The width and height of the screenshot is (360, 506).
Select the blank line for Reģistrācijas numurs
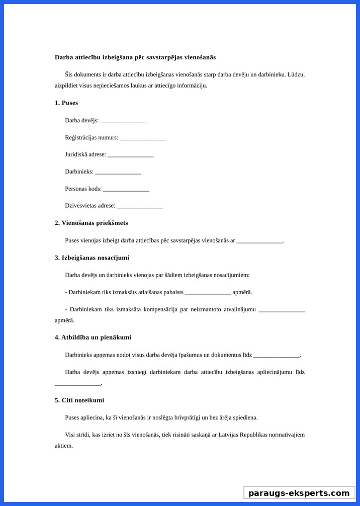pyautogui.click(x=143, y=138)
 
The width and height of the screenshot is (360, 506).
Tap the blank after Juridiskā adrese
pyautogui.click(x=130, y=155)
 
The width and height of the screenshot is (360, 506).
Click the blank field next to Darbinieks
pyautogui.click(x=118, y=173)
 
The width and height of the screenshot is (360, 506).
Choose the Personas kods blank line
pyautogui.click(x=126, y=190)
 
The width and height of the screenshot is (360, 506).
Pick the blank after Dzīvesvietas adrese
pyautogui.click(x=140, y=206)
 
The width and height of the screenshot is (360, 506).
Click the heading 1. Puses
pyautogui.click(x=66, y=103)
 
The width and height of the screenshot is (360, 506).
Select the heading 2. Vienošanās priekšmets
pyautogui.click(x=91, y=223)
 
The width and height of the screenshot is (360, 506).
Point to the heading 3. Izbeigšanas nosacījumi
pyautogui.click(x=92, y=258)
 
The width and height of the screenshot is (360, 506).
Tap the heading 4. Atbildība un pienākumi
pyautogui.click(x=93, y=337)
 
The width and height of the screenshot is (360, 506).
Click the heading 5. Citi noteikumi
pyautogui.click(x=79, y=400)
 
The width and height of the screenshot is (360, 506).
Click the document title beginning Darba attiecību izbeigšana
pyautogui.click(x=135, y=57)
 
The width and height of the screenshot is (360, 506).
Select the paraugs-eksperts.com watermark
pyautogui.click(x=299, y=493)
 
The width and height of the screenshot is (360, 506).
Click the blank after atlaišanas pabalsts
pyautogui.click(x=208, y=293)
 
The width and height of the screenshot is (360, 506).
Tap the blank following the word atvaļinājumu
pyautogui.click(x=282, y=310)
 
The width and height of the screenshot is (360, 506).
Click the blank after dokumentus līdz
pyautogui.click(x=277, y=356)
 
